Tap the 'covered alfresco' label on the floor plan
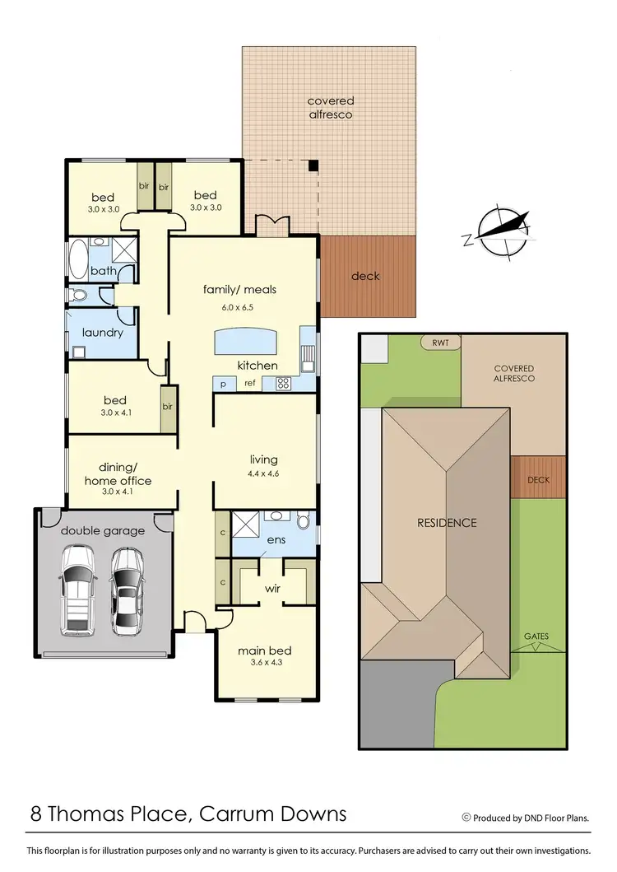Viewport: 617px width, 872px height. (x=330, y=108)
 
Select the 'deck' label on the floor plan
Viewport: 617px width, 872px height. (x=365, y=276)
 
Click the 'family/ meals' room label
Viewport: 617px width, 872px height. (x=240, y=290)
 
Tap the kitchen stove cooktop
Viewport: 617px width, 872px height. (x=283, y=383)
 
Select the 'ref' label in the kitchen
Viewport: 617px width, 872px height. (x=249, y=384)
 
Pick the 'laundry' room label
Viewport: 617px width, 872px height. (x=102, y=333)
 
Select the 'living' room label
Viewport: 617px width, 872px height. (x=264, y=459)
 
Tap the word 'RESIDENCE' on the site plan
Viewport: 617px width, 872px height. (x=447, y=523)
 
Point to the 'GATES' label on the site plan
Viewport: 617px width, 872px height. (x=536, y=637)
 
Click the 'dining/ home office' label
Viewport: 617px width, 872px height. (x=118, y=475)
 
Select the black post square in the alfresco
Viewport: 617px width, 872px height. (x=313, y=165)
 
